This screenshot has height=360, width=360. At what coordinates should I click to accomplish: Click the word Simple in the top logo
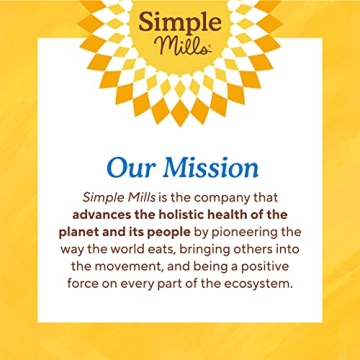pos(181,25)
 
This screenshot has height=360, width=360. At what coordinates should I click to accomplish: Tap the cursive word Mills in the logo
pos(180,48)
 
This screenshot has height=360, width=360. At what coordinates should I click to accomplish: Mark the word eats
pos(167,248)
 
